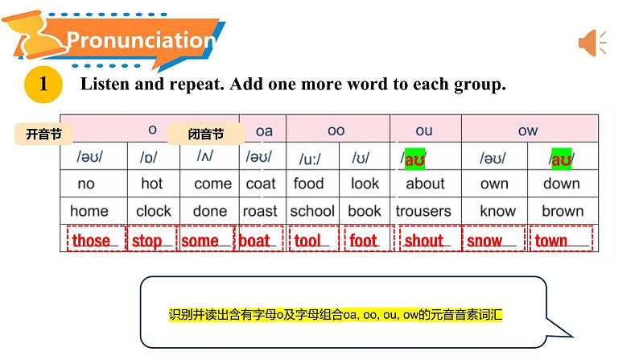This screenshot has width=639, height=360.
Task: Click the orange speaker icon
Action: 592,43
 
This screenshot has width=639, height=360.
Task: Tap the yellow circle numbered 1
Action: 43,85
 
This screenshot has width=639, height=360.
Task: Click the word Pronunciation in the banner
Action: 141,40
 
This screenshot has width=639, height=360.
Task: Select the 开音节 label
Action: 43,134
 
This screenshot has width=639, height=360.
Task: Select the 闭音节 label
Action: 206,134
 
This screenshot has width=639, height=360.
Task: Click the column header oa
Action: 264,131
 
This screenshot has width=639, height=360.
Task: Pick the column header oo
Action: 336,130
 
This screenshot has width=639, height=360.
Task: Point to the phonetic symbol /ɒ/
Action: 148,157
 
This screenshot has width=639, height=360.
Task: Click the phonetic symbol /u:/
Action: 310,159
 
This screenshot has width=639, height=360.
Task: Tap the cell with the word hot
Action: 151,184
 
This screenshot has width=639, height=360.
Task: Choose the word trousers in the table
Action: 423,211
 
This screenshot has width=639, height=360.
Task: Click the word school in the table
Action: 312,211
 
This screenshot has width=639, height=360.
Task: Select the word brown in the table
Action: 563,211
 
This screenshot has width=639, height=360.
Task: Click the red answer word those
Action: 91,241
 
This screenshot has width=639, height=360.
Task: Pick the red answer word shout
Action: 424,241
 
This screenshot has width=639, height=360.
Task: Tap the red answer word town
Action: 551,241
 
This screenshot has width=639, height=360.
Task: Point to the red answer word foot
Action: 363,241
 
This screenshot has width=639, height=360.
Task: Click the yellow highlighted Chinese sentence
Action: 336,315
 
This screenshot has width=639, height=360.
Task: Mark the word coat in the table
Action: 261,184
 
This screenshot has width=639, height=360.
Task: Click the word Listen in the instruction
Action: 105,84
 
